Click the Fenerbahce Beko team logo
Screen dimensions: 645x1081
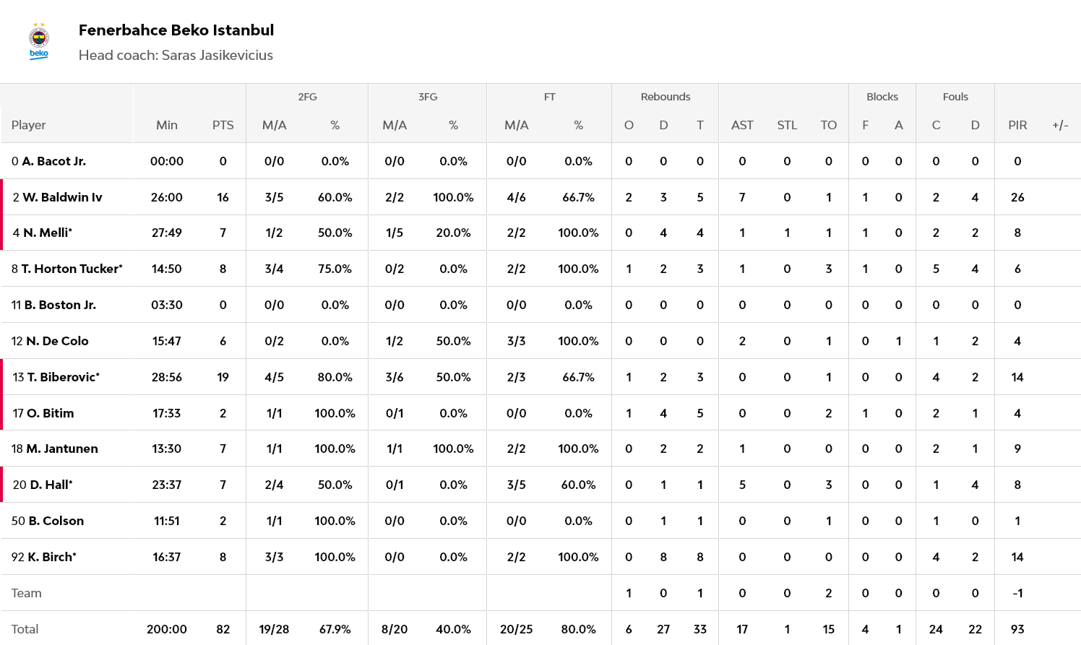[39, 42]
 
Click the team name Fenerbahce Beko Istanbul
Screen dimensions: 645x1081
[176, 30]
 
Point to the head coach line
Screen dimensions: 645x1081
[176, 56]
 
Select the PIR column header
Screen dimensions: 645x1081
[1017, 125]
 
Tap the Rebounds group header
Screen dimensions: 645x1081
[665, 97]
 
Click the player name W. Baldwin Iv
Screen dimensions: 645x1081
[62, 197]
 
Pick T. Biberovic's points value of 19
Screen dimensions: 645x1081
[223, 377]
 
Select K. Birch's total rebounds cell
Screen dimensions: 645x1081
[699, 557]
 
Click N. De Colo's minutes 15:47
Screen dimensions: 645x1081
[167, 341]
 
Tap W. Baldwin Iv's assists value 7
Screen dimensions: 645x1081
[742, 197]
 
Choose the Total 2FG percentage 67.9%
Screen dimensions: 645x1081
[335, 629]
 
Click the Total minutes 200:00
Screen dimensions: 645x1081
[167, 629]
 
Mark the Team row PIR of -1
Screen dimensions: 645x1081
[1017, 593]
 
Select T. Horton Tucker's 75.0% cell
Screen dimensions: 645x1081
[335, 269]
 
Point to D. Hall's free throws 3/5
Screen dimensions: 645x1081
[516, 485]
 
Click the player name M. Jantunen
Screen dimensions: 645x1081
[61, 449]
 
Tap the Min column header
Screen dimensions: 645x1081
[167, 125]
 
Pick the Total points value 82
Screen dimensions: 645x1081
[223, 629]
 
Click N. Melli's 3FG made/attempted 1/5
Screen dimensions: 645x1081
[395, 233]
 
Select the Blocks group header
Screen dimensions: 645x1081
[882, 97]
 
